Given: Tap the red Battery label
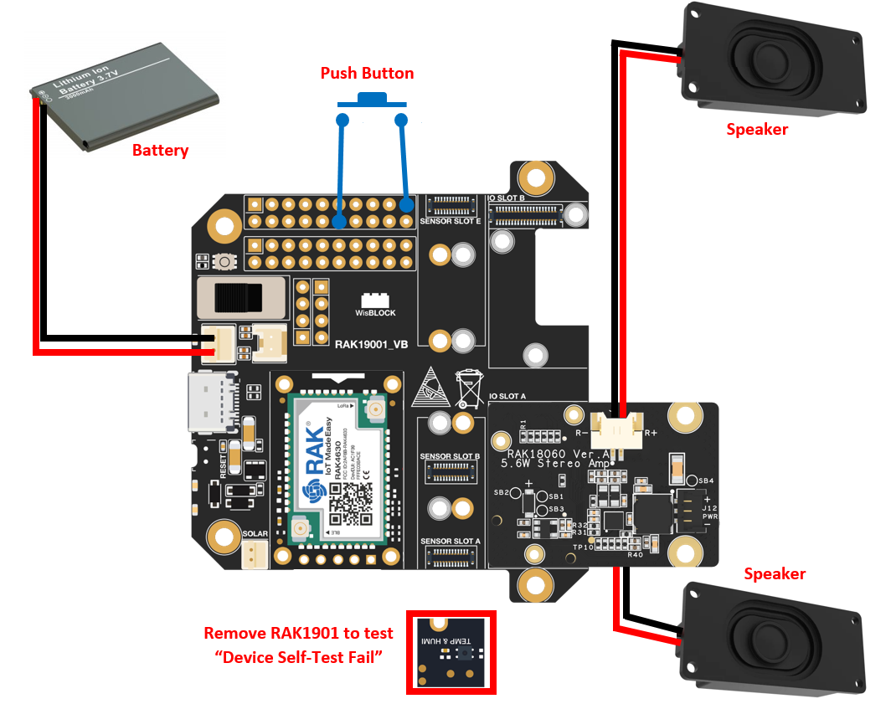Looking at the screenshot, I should coord(161,151).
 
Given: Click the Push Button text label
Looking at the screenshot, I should coord(367,74).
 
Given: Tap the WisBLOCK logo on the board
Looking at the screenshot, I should coord(375,305).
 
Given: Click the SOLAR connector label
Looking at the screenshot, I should coord(255,533).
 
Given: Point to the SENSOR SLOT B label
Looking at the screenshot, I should coord(450,457).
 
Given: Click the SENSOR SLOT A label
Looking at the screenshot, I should coord(450,542).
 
